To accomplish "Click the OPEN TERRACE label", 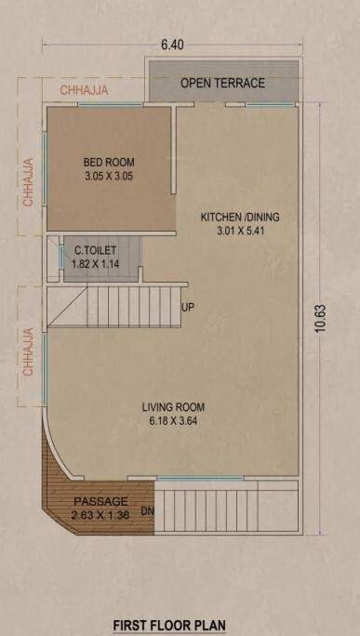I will [222, 83].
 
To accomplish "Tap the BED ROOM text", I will [110, 161].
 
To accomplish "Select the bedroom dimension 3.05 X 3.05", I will [110, 175].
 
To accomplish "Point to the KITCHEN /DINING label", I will [240, 218].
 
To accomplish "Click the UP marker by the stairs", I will [188, 308].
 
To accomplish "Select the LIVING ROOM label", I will [173, 407].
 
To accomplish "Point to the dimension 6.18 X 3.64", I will [173, 421].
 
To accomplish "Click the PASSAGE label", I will [100, 500].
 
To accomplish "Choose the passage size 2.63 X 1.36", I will [100, 514].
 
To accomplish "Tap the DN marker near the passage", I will [147, 511].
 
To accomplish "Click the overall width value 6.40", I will [172, 45].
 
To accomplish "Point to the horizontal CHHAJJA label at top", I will [85, 90].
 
